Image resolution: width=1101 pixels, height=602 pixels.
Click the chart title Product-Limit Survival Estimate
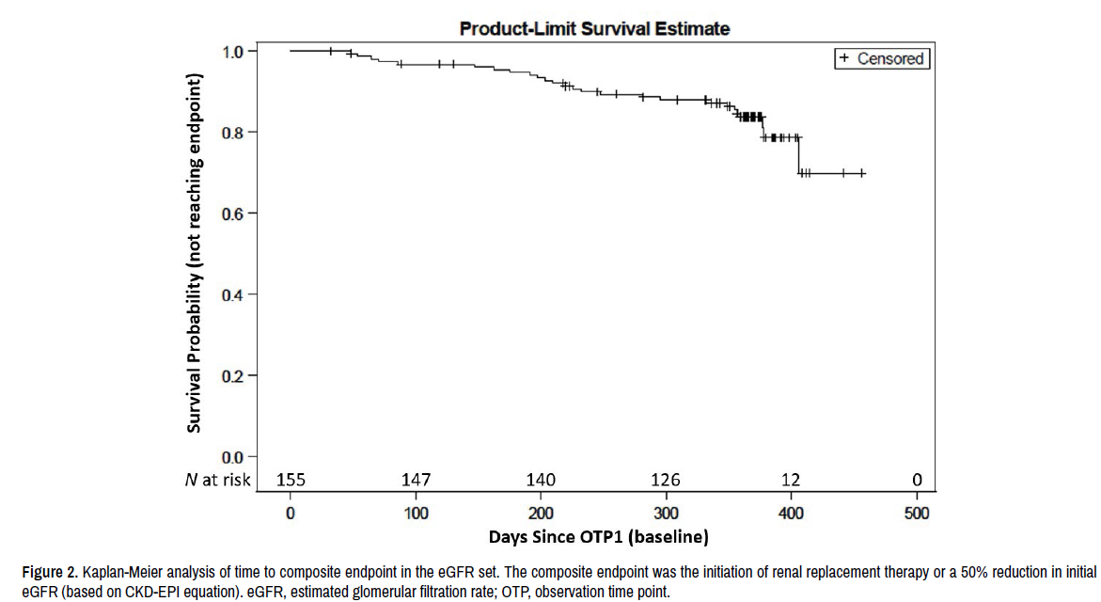click(x=594, y=29)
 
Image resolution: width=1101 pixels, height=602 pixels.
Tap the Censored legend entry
click(x=881, y=58)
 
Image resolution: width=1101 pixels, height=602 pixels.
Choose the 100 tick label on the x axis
click(x=417, y=514)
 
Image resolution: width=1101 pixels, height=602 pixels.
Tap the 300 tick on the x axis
click(x=667, y=514)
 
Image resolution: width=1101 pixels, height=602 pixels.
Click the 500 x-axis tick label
click(x=917, y=514)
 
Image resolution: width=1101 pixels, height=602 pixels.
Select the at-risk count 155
click(x=291, y=481)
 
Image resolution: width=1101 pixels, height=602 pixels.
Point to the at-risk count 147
click(x=417, y=481)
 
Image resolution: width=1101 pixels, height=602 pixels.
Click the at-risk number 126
click(x=667, y=481)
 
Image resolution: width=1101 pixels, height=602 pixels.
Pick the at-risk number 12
click(x=792, y=481)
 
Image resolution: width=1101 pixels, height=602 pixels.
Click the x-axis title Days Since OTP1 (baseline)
click(x=598, y=538)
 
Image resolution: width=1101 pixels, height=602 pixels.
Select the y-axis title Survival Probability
click(x=195, y=254)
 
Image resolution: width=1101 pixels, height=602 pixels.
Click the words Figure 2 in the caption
click(x=50, y=573)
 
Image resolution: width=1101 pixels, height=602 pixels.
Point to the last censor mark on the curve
click(x=862, y=173)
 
